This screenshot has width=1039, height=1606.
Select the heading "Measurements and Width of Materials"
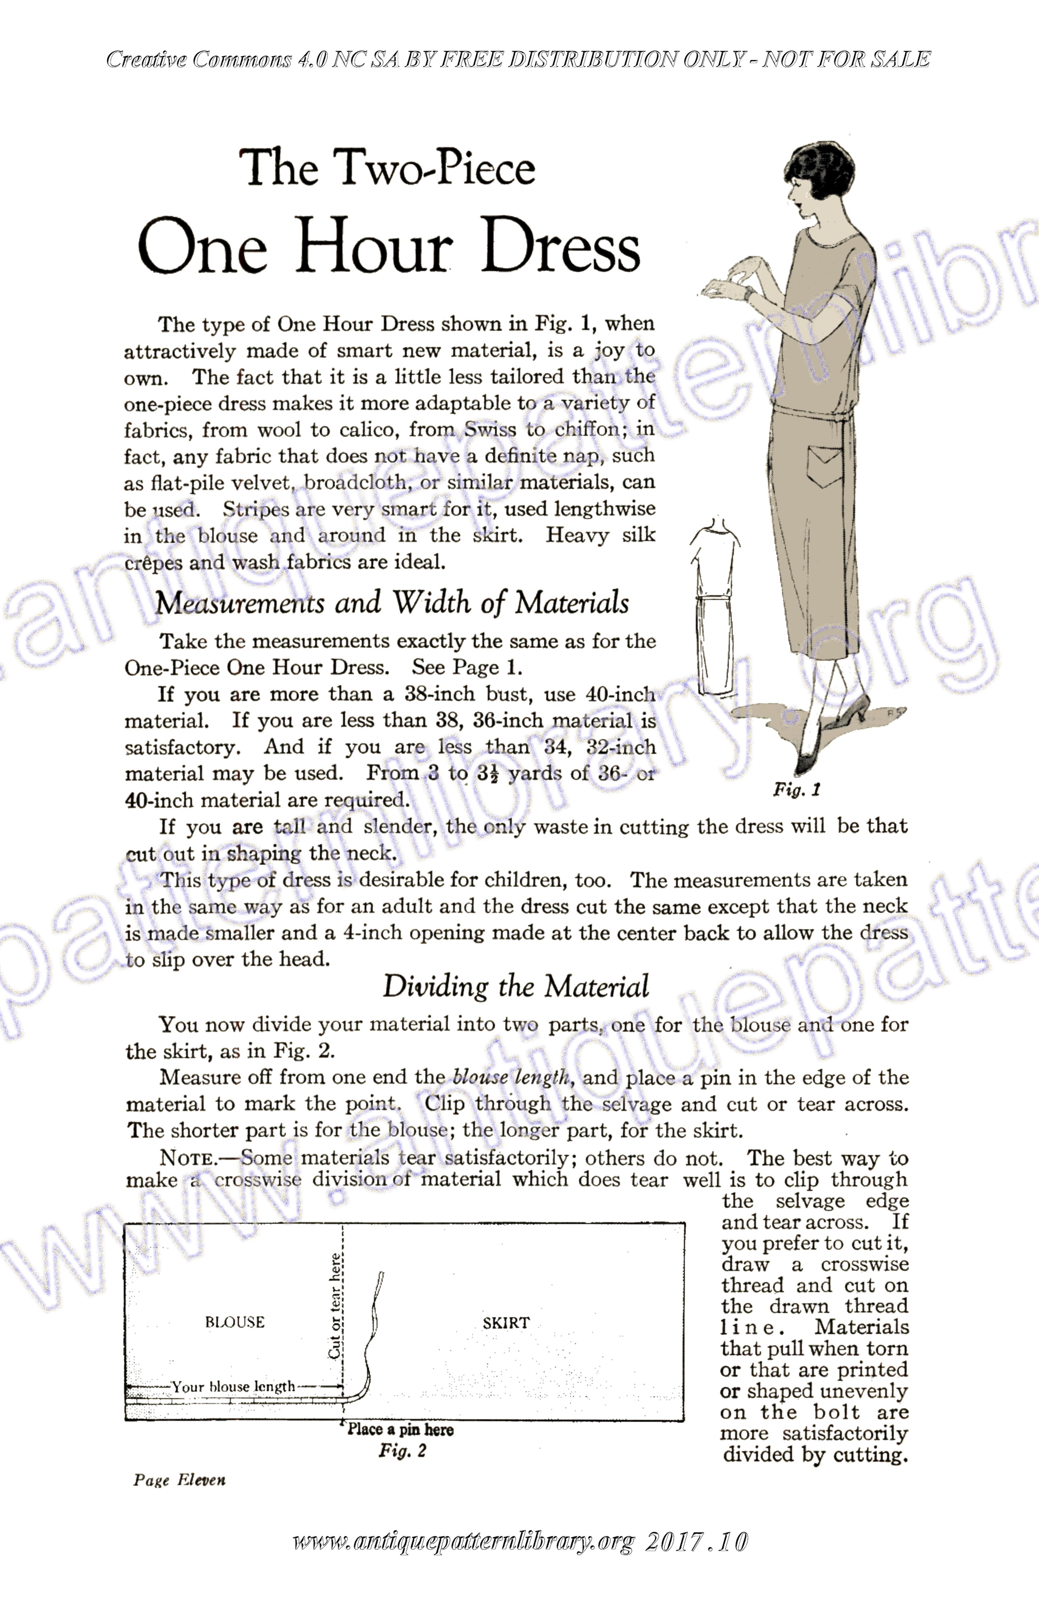[392, 602]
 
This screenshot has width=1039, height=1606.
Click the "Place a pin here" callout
[400, 1429]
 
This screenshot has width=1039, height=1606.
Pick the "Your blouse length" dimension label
[233, 1387]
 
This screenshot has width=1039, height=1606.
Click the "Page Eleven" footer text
[179, 1480]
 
